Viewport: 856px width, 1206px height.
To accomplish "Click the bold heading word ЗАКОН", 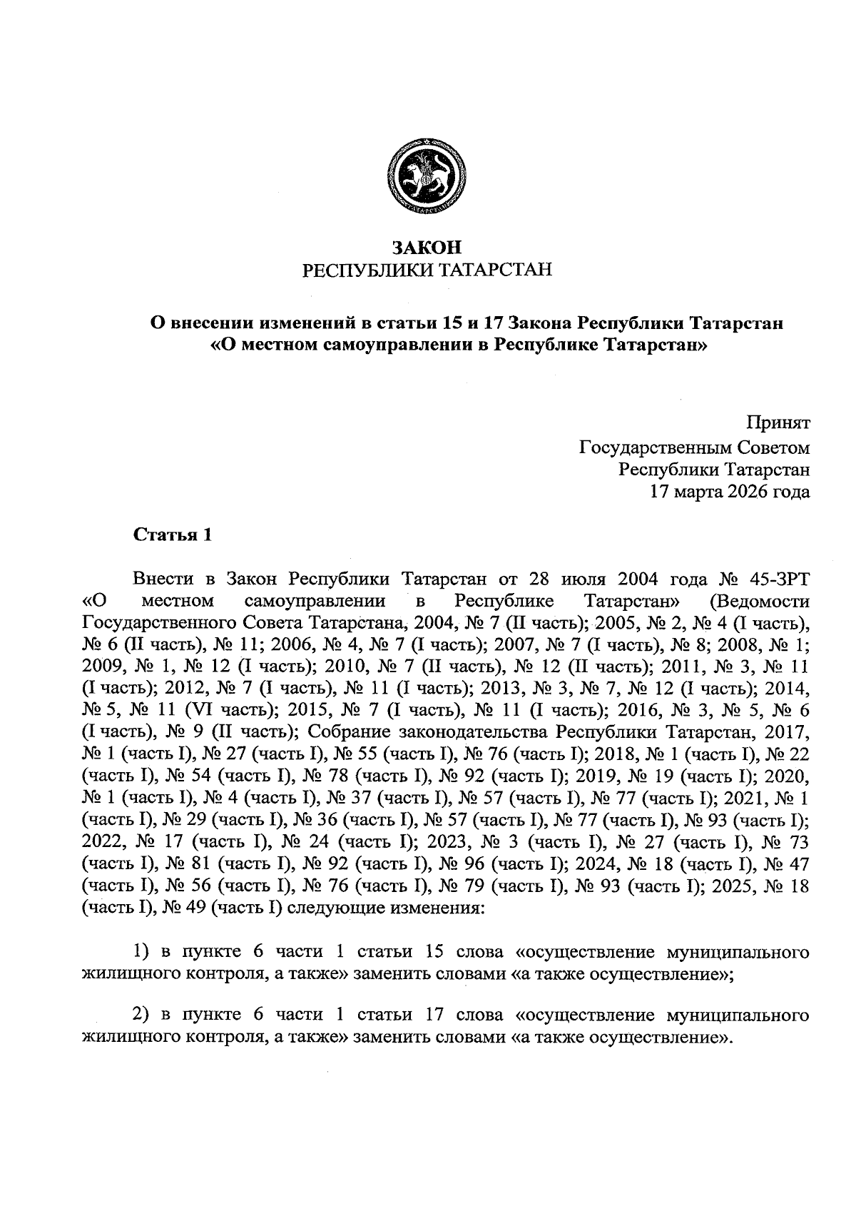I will tap(427, 248).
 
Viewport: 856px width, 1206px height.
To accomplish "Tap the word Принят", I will tap(778, 423).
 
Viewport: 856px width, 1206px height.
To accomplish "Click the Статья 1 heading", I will tap(173, 535).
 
